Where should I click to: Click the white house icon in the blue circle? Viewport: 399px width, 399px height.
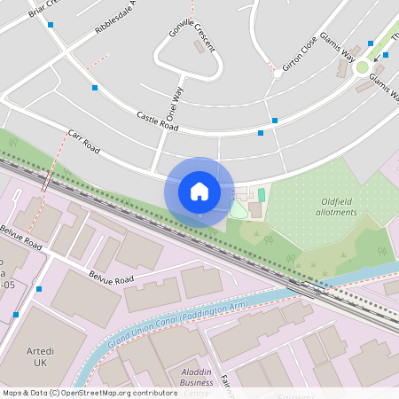click(199, 192)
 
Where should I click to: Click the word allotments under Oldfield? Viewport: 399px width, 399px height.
click(338, 213)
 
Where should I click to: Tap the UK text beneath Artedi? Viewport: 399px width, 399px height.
click(40, 364)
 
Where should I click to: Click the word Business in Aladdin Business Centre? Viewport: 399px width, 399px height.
click(196, 382)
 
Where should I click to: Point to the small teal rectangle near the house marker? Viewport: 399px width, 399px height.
click(261, 194)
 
